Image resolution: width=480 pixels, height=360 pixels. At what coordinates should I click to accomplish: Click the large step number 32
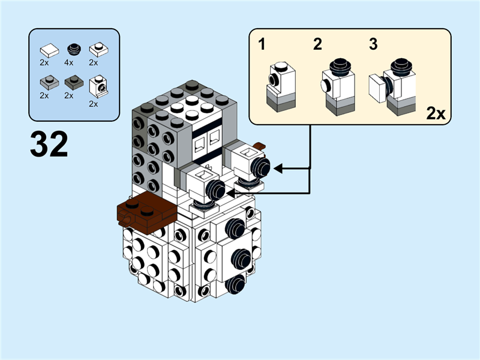click(x=49, y=145)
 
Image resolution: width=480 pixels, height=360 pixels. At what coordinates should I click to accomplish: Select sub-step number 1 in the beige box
click(x=262, y=44)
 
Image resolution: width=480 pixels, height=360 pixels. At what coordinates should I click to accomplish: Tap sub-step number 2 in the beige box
click(x=317, y=44)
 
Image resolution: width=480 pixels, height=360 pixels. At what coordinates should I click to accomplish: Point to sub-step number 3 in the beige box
click(x=373, y=44)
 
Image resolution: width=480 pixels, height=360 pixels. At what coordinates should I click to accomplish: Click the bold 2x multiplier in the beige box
click(x=436, y=113)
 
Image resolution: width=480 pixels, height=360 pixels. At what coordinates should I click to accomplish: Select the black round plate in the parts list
click(x=73, y=49)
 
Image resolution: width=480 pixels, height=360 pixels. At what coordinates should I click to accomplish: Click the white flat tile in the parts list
click(x=49, y=50)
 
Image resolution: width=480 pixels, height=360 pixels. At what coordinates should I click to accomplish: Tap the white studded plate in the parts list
click(x=97, y=49)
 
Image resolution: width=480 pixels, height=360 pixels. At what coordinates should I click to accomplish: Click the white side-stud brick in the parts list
click(x=98, y=86)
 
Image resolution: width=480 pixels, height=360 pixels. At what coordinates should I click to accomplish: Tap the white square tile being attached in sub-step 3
click(x=377, y=89)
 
